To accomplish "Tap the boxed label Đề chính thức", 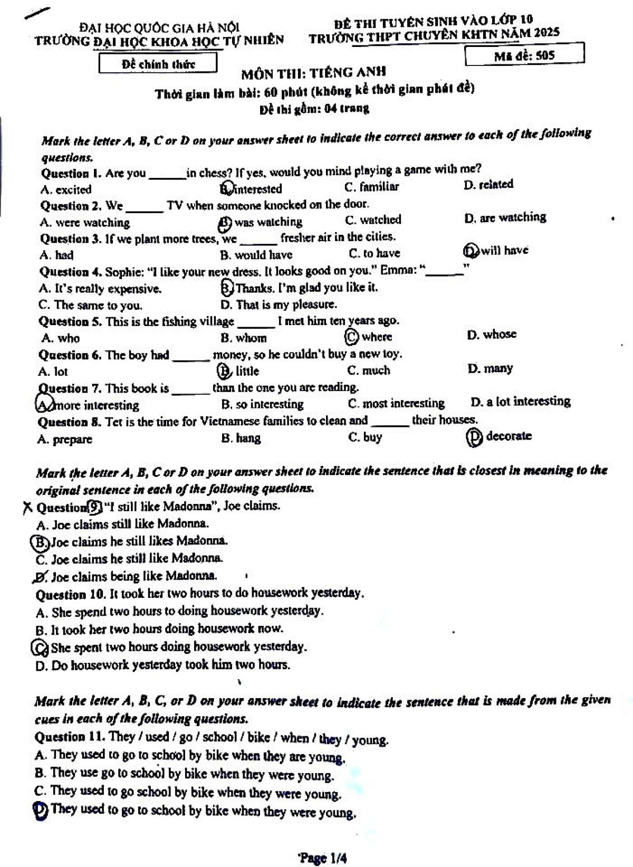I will pos(158,64).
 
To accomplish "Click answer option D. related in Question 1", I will pos(488,185).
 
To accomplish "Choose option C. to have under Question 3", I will pos(375,253).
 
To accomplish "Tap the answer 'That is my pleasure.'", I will pos(279,304).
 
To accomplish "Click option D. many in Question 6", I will pos(490,368).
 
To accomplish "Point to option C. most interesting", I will pos(396,404).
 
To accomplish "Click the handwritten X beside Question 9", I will pos(27,508).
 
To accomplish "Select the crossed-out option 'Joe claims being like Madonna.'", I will pos(127,576).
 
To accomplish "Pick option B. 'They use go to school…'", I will pos(184,774).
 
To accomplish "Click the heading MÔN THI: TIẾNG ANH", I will pos(314,72).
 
